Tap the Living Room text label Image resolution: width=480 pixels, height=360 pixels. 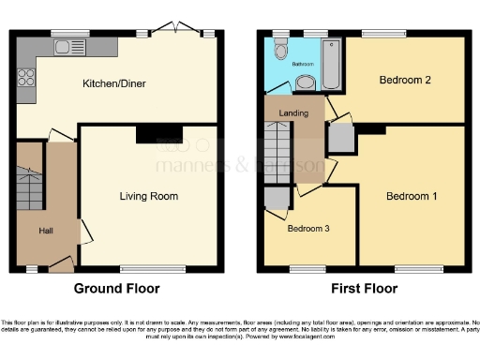(148, 196)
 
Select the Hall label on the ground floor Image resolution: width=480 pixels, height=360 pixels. (45, 230)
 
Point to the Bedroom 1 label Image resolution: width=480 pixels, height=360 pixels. (412, 196)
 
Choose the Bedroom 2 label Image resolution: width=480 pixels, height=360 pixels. (405, 81)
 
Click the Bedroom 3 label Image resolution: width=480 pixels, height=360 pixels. (308, 229)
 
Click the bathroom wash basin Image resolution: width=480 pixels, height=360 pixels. (305, 83)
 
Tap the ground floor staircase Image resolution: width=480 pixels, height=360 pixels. (31, 183)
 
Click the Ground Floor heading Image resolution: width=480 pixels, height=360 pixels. (116, 289)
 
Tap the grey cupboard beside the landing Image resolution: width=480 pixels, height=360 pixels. (341, 139)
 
